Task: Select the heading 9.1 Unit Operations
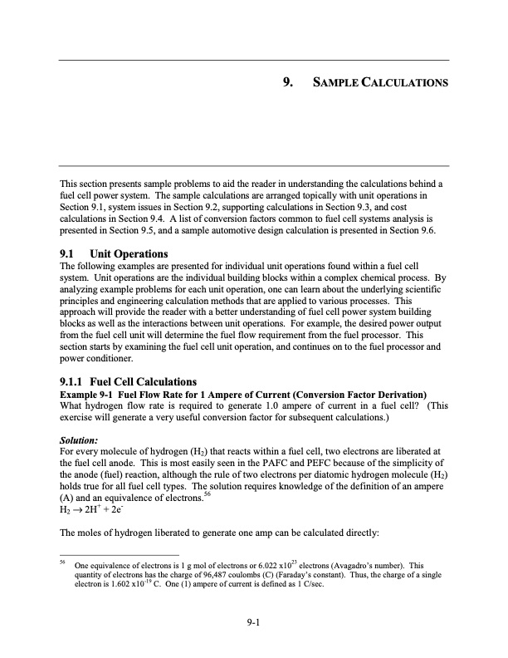coord(115,253)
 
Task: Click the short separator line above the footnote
coord(119,553)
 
